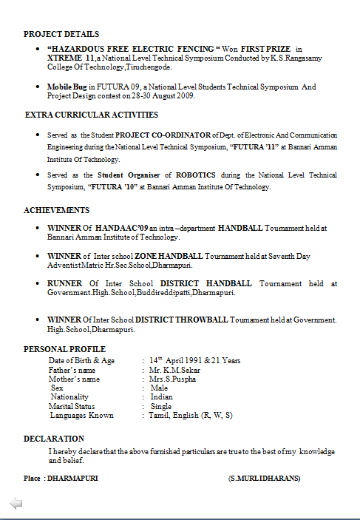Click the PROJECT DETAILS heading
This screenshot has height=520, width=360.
click(61, 34)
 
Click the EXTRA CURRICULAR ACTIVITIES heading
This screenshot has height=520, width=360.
click(92, 115)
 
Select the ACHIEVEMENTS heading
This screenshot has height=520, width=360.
click(57, 211)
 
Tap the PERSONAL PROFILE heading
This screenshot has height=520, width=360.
click(64, 349)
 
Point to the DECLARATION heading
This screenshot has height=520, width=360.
click(54, 439)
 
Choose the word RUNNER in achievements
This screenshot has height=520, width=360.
click(65, 283)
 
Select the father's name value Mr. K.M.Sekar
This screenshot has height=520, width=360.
click(174, 370)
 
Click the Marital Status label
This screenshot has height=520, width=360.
click(72, 406)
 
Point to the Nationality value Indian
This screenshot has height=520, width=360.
click(162, 397)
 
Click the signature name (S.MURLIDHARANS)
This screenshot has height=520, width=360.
click(265, 479)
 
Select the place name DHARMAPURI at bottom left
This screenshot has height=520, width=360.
click(72, 479)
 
